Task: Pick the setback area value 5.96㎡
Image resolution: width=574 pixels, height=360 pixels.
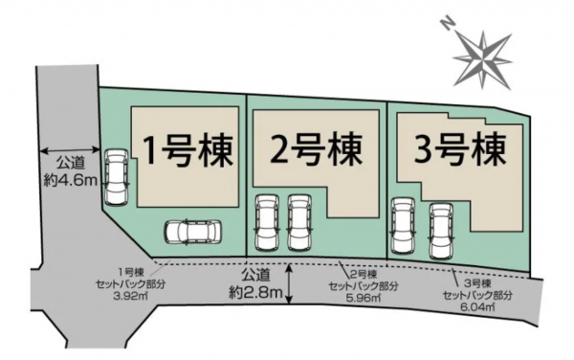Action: (359, 296)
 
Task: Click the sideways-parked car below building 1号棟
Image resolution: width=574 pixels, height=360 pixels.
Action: (192, 233)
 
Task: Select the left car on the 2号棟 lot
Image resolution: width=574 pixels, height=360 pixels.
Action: (265, 222)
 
